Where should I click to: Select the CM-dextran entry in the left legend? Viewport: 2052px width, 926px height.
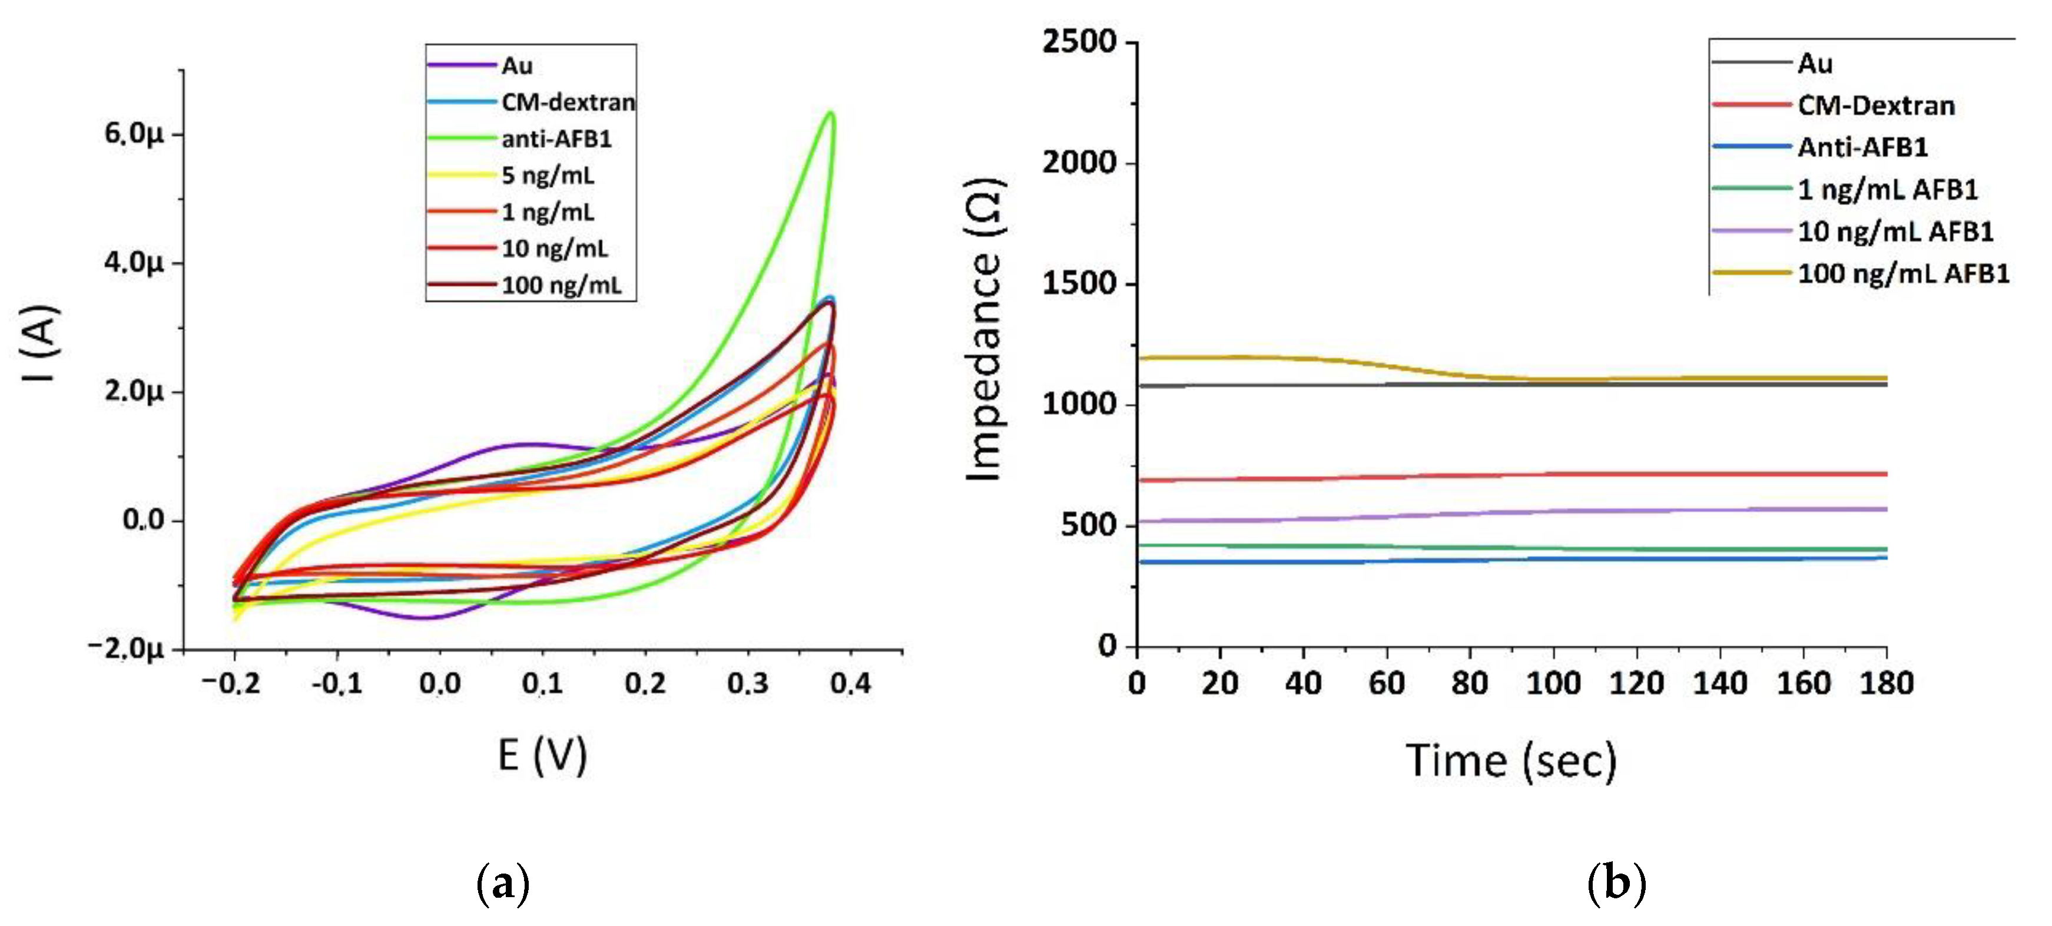click(x=567, y=102)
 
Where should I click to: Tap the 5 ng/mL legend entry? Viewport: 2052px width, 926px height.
click(x=547, y=176)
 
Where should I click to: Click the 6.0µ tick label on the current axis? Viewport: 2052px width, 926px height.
click(x=133, y=134)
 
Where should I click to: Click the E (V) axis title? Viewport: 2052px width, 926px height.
click(x=542, y=755)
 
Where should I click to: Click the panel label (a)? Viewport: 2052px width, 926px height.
click(x=503, y=884)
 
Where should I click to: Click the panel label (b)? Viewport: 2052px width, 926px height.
click(x=1616, y=884)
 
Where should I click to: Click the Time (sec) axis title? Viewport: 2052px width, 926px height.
click(x=1511, y=760)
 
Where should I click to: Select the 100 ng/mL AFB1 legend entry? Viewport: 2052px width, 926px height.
click(x=1902, y=273)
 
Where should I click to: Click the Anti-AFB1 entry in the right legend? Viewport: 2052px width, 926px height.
click(x=1862, y=147)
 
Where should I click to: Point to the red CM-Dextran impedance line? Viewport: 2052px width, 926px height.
click(x=1513, y=476)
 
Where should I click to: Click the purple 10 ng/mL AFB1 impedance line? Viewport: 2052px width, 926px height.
click(x=1513, y=512)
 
